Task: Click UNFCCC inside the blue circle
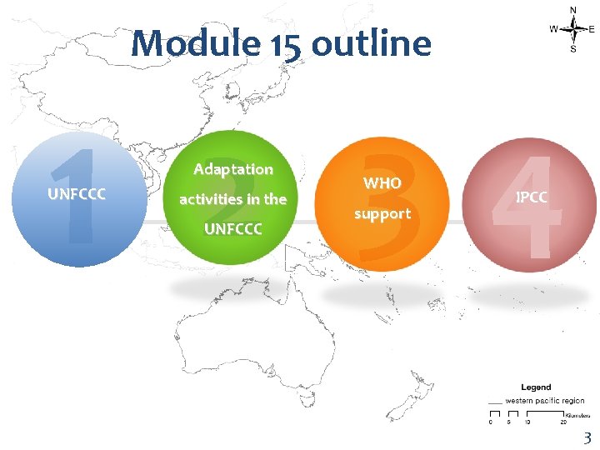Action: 77,197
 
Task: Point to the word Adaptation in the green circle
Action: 233,169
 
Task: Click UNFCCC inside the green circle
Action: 233,227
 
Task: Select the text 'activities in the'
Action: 233,199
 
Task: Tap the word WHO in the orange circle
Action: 382,182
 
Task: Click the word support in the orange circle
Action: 382,213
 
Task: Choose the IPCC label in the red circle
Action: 532,197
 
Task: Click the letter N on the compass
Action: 572,9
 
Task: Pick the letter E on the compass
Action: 592,29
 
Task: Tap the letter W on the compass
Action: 553,29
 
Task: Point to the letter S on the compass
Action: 572,49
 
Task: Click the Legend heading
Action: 536,387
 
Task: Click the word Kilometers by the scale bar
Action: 577,414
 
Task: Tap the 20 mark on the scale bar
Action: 563,422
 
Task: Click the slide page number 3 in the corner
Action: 587,437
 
